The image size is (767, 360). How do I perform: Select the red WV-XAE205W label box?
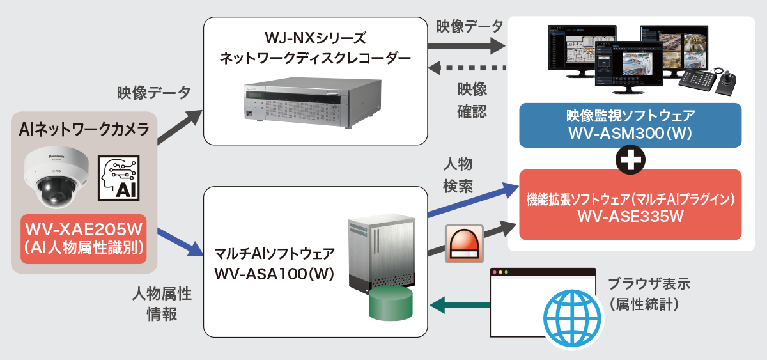84,238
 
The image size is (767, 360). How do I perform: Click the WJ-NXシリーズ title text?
315,37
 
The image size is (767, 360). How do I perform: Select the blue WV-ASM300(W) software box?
631,126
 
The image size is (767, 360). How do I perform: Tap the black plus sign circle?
631,159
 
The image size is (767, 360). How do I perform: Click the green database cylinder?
391,303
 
